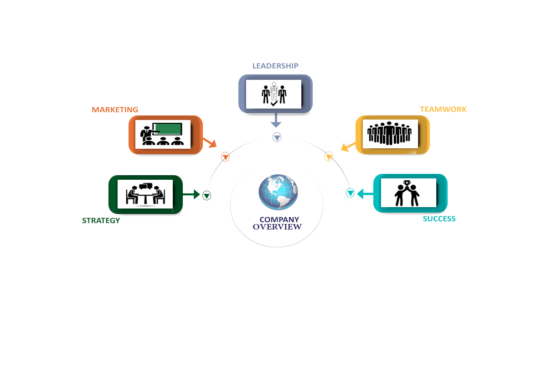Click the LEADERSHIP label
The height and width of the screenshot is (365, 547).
tap(275, 66)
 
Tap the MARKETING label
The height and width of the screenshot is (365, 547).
tap(115, 109)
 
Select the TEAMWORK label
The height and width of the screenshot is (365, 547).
tap(443, 109)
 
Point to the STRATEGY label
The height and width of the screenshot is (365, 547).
tap(101, 220)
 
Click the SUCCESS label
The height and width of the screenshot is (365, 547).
tap(439, 219)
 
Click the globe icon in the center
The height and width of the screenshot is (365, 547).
tap(278, 192)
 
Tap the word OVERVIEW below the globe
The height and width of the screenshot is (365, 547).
tap(277, 227)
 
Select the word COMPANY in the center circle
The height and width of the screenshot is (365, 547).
tap(279, 219)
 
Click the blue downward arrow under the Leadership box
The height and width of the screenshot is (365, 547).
tap(275, 120)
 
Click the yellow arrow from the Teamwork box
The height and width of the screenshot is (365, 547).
tap(349, 146)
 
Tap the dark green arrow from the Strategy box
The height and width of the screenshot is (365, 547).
tap(191, 194)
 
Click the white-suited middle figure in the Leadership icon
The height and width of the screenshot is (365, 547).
tap(273, 93)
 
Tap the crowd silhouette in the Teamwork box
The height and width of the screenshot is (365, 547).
tap(390, 133)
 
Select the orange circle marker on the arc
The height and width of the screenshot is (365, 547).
tap(225, 157)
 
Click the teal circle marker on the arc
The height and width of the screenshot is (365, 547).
tap(350, 193)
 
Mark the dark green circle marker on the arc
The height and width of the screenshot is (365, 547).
tap(206, 196)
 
